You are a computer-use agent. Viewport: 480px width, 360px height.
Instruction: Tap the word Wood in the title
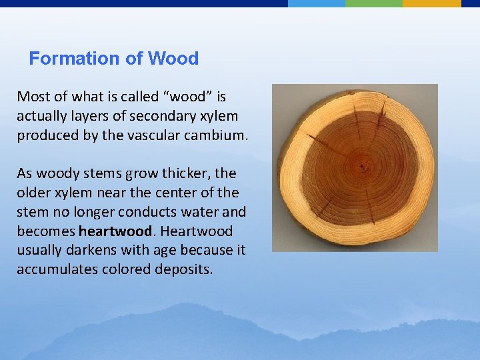[x=173, y=59]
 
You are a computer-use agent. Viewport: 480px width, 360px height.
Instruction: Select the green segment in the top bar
[x=374, y=3]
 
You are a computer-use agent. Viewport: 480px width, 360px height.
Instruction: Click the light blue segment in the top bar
[x=317, y=3]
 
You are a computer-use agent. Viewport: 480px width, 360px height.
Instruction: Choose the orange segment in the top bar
[x=431, y=3]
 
